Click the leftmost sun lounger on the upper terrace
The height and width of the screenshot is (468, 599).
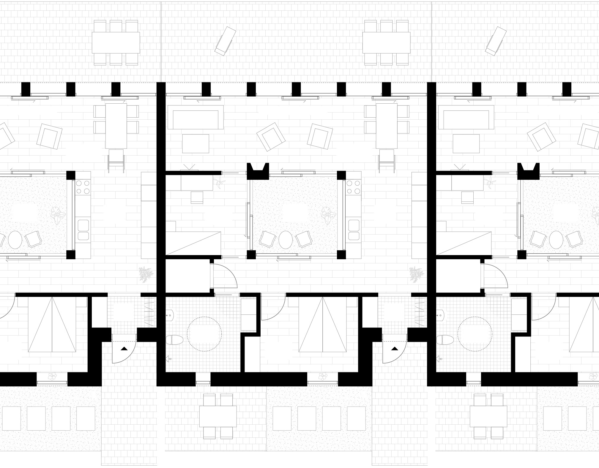[x=225, y=41]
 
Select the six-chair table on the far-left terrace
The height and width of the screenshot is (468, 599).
[x=116, y=42]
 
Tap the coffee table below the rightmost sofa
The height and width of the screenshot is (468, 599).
[x=466, y=143]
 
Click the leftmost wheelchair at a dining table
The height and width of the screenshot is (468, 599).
[x=116, y=160]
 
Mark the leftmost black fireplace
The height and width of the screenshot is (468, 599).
[x=258, y=171]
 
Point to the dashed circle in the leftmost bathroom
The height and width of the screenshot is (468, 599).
[x=204, y=334]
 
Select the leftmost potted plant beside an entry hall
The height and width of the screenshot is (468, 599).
[x=146, y=274]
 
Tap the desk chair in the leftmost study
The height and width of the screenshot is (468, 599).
[x=197, y=197]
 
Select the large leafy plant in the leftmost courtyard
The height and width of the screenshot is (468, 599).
[x=57, y=216]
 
